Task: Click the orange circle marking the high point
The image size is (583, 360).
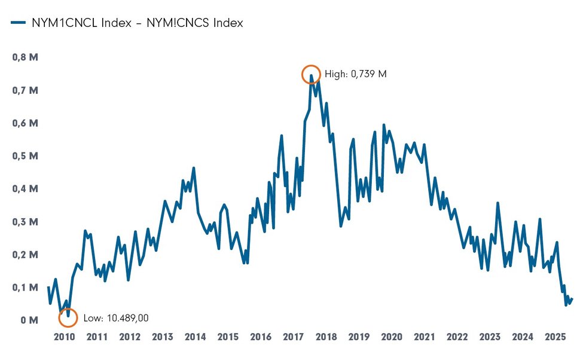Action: (311, 75)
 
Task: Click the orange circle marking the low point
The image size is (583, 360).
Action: (68, 318)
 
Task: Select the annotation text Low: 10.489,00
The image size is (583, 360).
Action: (116, 318)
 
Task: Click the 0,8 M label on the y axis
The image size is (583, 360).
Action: (26, 58)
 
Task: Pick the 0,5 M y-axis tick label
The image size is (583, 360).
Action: (26, 156)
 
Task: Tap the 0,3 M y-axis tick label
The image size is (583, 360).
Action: (26, 222)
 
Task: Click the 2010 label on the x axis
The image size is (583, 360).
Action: (65, 337)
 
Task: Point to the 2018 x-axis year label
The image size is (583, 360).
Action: (326, 337)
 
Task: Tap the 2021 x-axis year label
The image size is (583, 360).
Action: (425, 337)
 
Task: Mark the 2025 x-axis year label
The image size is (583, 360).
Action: (555, 337)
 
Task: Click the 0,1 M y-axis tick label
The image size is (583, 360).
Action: (26, 288)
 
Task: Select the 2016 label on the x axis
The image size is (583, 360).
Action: (261, 337)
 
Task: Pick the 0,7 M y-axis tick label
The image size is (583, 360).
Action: (26, 91)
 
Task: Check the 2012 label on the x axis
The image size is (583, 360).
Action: (130, 337)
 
